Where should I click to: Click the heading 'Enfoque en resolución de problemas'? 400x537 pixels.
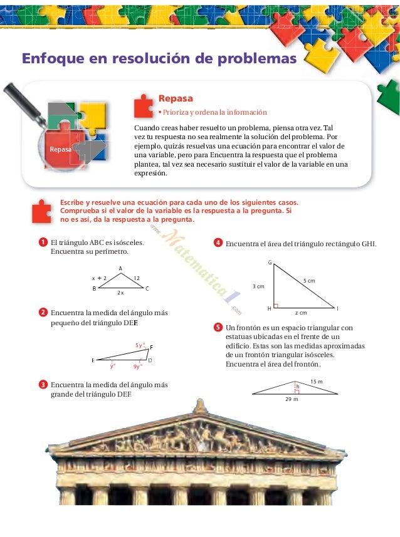tap(159, 60)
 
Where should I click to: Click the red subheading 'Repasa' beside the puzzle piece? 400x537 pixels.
tap(176, 98)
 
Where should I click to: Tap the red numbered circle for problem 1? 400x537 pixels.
tap(42, 242)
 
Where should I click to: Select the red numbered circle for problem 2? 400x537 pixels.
tap(42, 312)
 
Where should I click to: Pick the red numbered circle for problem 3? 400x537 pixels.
tap(42, 384)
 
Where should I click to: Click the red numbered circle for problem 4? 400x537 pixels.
tap(218, 242)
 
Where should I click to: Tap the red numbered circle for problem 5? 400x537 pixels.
tap(218, 327)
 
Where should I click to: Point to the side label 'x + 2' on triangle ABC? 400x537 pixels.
tap(99, 278)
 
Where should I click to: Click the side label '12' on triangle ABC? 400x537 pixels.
tap(136, 278)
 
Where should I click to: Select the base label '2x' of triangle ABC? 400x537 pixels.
tap(120, 293)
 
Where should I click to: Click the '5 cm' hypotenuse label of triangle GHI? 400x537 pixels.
tap(309, 280)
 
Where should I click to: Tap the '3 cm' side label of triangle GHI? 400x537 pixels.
tap(258, 286)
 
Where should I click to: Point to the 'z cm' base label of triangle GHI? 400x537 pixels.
tap(301, 312)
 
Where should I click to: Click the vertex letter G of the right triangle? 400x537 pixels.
tap(270, 263)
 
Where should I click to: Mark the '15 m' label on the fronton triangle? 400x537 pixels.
tap(317, 382)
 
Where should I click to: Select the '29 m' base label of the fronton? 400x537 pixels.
tap(292, 399)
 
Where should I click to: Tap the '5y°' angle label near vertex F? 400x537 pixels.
tap(140, 345)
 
